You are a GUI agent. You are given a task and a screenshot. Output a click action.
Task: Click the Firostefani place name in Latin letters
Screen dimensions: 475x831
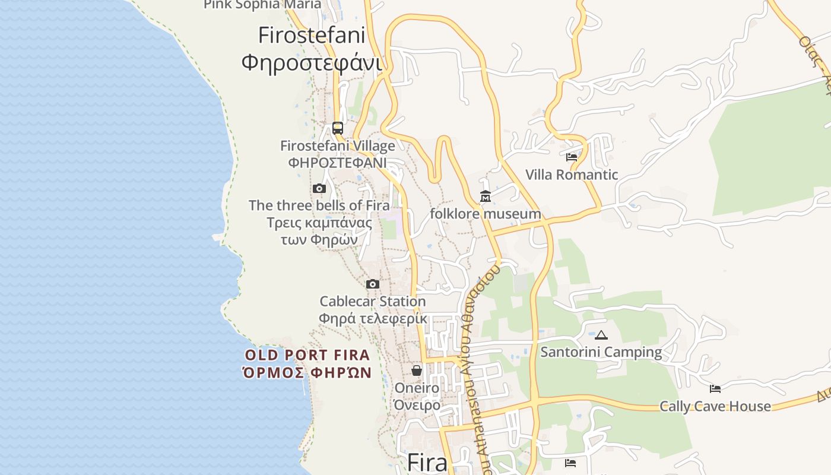pyautogui.click(x=311, y=36)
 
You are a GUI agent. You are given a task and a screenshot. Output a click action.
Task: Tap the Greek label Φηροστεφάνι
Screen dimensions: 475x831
pyautogui.click(x=311, y=62)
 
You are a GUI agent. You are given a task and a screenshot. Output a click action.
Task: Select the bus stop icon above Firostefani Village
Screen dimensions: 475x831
pyautogui.click(x=337, y=128)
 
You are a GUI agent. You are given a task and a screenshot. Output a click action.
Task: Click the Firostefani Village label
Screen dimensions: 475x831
pyautogui.click(x=337, y=146)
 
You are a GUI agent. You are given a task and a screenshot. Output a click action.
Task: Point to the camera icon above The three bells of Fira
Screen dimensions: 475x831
pyautogui.click(x=319, y=189)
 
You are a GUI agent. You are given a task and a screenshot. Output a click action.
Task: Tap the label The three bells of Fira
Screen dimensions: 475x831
pyautogui.click(x=319, y=205)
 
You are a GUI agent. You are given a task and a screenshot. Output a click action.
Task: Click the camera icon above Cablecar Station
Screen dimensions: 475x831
pyautogui.click(x=373, y=284)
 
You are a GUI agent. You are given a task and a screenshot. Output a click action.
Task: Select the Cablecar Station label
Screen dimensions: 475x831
pyautogui.click(x=373, y=302)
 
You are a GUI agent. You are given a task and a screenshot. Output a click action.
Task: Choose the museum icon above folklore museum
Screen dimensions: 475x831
pyautogui.click(x=486, y=196)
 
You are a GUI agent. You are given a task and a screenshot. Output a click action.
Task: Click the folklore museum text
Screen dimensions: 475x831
pyautogui.click(x=486, y=214)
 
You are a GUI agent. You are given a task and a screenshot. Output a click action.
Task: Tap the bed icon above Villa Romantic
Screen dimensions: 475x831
pyautogui.click(x=572, y=157)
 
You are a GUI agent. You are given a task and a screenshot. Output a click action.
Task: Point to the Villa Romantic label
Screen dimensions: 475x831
pyautogui.click(x=572, y=175)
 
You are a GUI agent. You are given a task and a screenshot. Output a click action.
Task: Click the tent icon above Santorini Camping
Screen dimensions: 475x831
pyautogui.click(x=601, y=335)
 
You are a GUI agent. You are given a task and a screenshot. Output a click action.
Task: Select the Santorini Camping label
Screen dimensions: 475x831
pyautogui.click(x=601, y=352)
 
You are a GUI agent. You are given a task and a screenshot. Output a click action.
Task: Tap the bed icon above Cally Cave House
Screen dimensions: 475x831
pyautogui.click(x=715, y=389)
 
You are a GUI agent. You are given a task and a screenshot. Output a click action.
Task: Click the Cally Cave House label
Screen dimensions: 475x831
pyautogui.click(x=715, y=407)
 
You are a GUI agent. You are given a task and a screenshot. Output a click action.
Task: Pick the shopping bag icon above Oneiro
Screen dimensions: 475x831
pyautogui.click(x=417, y=370)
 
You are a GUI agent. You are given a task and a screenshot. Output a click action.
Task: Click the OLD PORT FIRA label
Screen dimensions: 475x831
pyautogui.click(x=307, y=356)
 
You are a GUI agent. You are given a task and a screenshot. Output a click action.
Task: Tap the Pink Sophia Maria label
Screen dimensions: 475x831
pyautogui.click(x=262, y=5)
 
